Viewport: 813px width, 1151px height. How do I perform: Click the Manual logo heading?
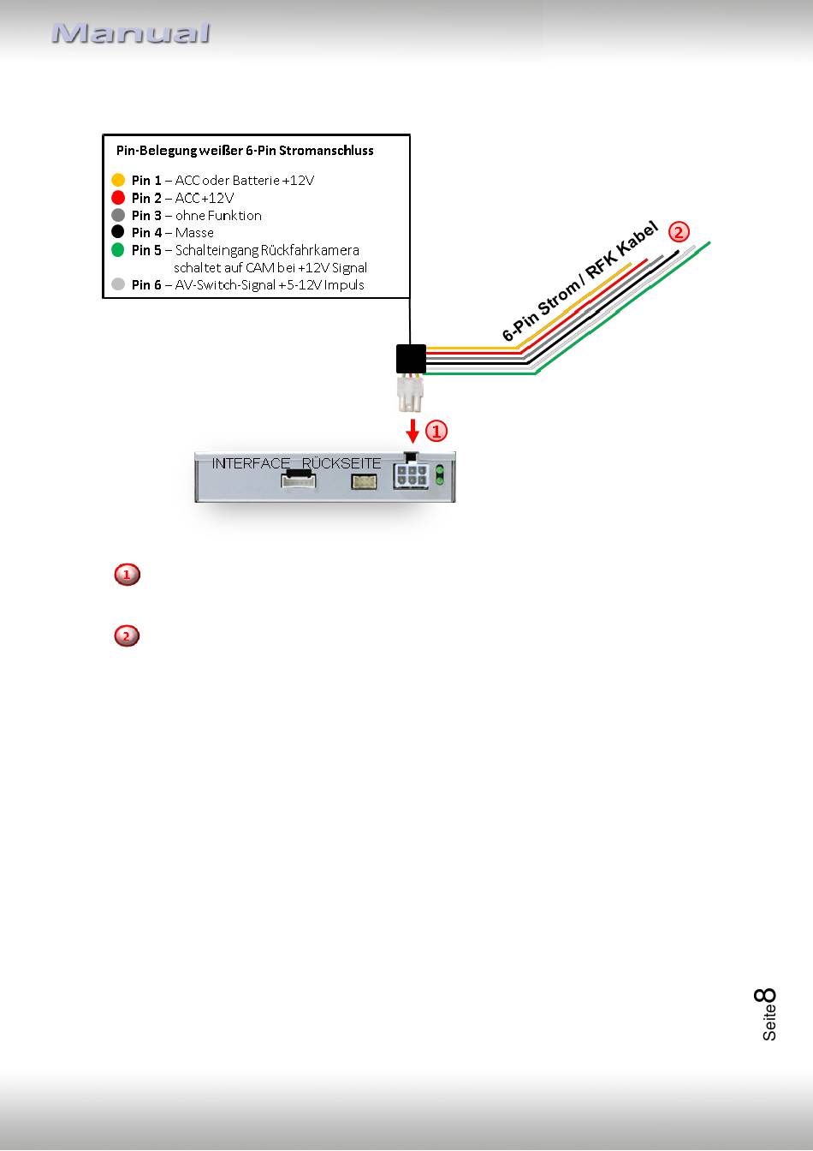[131, 33]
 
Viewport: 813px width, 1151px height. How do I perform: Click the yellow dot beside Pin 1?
[118, 180]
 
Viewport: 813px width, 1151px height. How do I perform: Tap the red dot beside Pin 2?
[118, 197]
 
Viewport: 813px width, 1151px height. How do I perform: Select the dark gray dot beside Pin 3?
[118, 215]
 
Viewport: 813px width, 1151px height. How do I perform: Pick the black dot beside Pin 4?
[118, 232]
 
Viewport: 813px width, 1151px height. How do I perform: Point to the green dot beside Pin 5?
[118, 250]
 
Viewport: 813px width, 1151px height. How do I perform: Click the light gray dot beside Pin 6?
[118, 284]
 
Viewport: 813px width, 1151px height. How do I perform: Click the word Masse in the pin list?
[194, 233]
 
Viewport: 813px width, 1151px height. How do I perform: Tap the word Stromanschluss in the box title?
[326, 151]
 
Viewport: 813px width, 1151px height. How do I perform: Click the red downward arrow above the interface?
[412, 431]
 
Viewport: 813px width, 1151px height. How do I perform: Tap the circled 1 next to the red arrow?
[436, 431]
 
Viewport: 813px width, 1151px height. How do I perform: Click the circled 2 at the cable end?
[679, 232]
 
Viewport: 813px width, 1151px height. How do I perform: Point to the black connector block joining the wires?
[411, 359]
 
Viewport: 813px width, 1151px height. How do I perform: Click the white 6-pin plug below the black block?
[410, 393]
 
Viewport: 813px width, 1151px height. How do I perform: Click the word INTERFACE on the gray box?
[251, 463]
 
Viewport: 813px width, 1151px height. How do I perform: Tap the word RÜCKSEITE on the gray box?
[341, 463]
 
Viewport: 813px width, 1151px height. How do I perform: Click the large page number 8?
[765, 995]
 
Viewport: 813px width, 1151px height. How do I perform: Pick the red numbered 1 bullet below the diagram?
[128, 575]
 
